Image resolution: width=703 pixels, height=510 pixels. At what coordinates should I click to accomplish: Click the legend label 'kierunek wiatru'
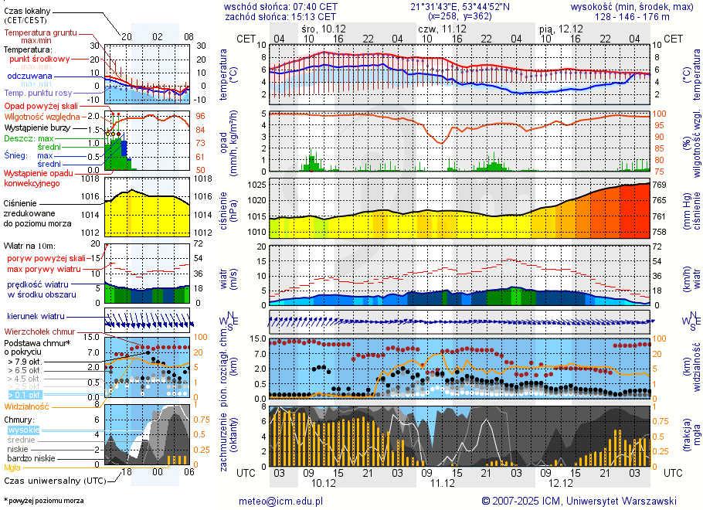(x=36, y=317)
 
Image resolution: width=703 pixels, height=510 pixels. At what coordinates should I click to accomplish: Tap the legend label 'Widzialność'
(x=27, y=406)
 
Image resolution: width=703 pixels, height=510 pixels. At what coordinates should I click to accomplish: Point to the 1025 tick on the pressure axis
(x=257, y=185)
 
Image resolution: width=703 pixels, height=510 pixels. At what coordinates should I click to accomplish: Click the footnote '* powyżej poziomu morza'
(x=43, y=501)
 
